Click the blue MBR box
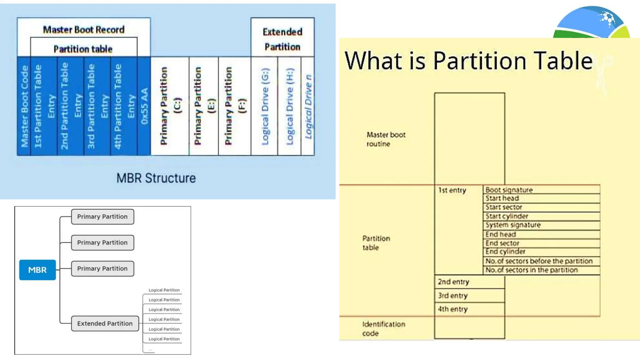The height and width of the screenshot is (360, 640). [37, 270]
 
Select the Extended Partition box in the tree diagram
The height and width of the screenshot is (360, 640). [105, 323]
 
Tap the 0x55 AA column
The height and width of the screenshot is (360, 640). [144, 106]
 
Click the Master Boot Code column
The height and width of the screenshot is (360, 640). [24, 106]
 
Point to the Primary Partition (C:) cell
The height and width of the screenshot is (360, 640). [170, 106]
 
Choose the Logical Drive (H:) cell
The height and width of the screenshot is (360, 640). [289, 106]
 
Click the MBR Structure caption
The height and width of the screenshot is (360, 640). [156, 178]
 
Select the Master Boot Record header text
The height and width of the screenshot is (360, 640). [84, 30]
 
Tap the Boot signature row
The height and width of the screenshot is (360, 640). [541, 190]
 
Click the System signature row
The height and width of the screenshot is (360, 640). [541, 225]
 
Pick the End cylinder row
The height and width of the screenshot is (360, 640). [541, 252]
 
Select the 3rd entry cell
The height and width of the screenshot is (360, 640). [469, 295]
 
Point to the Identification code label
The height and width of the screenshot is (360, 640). [383, 328]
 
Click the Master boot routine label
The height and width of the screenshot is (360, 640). [386, 139]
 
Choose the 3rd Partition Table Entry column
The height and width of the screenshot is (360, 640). [97, 106]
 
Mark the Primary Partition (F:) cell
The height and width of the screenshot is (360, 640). [235, 106]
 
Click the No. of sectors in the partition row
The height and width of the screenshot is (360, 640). [541, 270]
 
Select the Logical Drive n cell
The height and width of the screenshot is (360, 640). [308, 106]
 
